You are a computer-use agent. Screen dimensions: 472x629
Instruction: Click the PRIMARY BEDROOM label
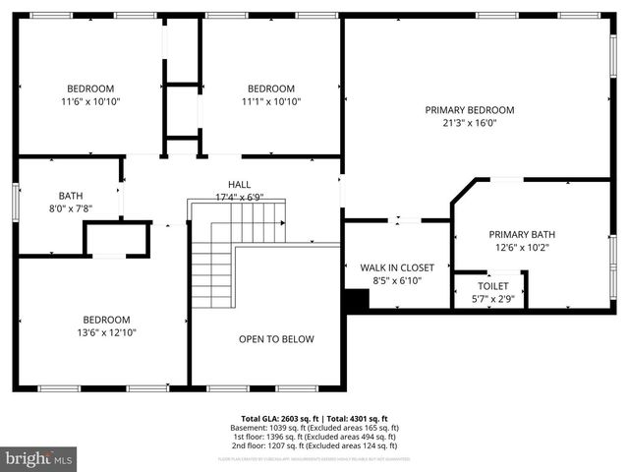pyautogui.click(x=469, y=110)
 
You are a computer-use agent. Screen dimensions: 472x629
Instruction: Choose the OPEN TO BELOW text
pyautogui.click(x=276, y=339)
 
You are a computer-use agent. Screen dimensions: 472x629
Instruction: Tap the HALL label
pyautogui.click(x=239, y=184)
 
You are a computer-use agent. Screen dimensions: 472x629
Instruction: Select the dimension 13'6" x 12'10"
pyautogui.click(x=105, y=333)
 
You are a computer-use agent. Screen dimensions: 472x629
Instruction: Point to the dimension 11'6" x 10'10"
pyautogui.click(x=90, y=101)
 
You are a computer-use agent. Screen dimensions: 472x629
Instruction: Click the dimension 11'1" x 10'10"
pyautogui.click(x=270, y=101)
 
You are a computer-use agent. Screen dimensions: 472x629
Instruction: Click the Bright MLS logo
pyautogui.click(x=39, y=458)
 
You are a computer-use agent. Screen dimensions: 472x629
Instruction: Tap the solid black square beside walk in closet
pyautogui.click(x=355, y=300)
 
